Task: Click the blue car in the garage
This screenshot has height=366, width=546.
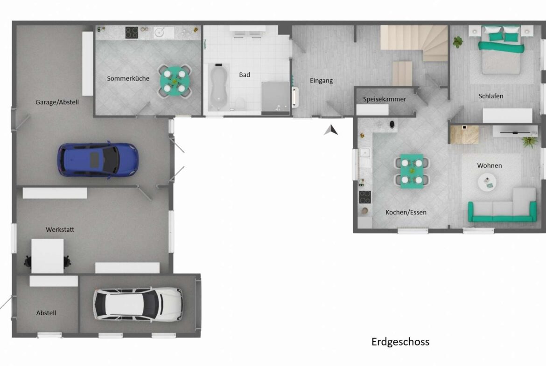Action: [98, 159]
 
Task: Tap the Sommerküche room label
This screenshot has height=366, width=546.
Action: [128, 78]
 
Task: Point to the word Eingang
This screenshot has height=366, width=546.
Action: [321, 81]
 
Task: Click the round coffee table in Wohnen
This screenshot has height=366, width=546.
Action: [487, 181]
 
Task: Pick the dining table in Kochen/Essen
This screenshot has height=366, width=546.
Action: [411, 171]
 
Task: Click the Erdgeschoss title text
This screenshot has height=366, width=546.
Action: [400, 342]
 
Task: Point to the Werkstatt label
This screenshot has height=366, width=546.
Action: [60, 230]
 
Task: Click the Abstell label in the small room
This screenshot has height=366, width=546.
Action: [46, 313]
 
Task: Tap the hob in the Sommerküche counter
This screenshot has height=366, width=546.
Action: [132, 32]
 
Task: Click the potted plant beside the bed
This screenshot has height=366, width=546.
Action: [458, 41]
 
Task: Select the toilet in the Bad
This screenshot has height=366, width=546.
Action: [239, 102]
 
